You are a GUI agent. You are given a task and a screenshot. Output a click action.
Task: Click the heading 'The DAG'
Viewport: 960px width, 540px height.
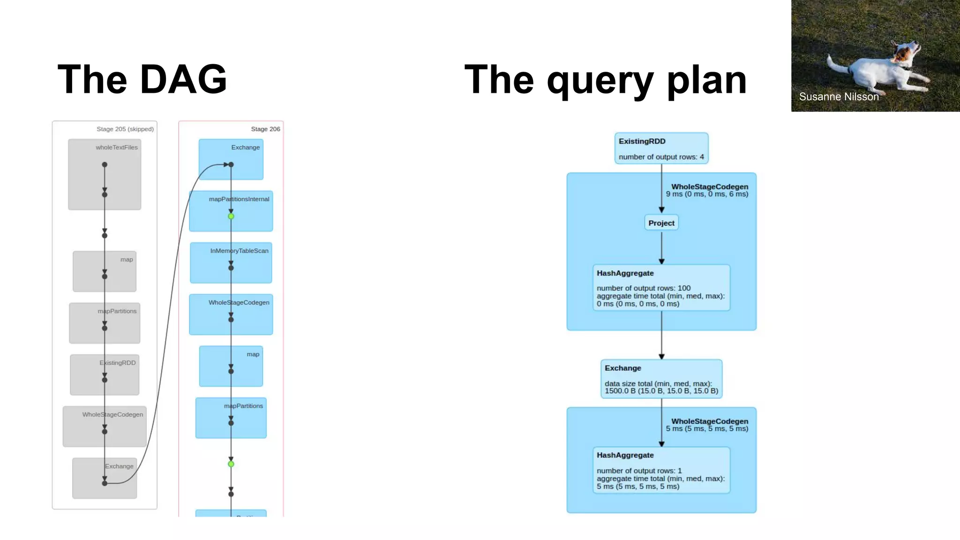[x=142, y=79]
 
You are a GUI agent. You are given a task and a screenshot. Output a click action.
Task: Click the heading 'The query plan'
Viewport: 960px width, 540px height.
[x=605, y=80]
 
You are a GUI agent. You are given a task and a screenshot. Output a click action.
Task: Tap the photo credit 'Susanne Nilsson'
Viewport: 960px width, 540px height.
[x=839, y=97]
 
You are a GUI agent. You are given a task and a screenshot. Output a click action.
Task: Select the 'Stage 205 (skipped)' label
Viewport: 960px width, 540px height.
[x=125, y=129]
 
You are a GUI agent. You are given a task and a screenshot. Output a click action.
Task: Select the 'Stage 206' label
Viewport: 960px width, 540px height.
[x=265, y=129]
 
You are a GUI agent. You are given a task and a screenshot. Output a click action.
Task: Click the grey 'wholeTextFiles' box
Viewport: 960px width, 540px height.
[x=105, y=174]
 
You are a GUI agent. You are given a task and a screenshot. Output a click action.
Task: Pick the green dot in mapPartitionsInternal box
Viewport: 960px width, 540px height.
[x=231, y=216]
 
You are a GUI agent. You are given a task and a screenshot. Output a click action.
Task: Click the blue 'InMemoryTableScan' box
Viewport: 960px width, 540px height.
[x=231, y=262]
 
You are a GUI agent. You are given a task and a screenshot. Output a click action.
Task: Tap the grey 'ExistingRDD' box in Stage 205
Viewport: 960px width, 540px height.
[x=105, y=375]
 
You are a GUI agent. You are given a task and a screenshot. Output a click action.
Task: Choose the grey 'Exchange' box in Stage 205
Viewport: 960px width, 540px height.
[x=105, y=478]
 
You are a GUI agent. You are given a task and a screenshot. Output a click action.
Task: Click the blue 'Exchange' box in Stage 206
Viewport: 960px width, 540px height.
[x=231, y=159]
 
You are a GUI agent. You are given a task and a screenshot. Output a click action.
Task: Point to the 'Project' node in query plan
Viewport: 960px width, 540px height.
[x=661, y=223]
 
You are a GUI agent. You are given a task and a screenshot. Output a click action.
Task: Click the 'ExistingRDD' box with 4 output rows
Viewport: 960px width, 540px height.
[x=661, y=148]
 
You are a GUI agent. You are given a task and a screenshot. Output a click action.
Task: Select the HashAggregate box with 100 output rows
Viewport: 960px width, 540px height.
[x=661, y=287]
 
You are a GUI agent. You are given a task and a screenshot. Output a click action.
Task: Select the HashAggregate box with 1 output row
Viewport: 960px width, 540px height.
[x=661, y=470]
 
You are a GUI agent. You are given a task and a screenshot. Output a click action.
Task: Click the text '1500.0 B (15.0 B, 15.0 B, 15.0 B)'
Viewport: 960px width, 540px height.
[x=661, y=390]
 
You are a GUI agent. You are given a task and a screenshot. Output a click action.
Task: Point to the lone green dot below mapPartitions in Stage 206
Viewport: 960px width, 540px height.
[x=231, y=464]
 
